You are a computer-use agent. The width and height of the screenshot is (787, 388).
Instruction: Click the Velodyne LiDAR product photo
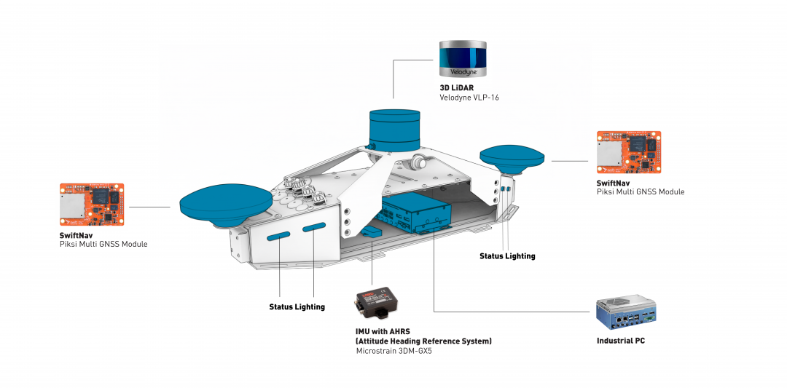pyautogui.click(x=462, y=59)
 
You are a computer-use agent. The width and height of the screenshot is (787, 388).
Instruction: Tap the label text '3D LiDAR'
pyautogui.click(x=457, y=87)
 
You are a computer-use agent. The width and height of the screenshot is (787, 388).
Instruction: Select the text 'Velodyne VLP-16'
pyautogui.click(x=469, y=98)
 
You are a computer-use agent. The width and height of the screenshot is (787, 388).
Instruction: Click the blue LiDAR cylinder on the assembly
pyautogui.click(x=394, y=129)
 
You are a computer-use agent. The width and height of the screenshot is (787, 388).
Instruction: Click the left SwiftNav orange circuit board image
pyautogui.click(x=92, y=205)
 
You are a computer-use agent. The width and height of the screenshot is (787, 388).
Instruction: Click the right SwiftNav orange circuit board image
pyautogui.click(x=628, y=153)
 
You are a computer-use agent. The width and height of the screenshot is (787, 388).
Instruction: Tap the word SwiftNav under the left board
pyautogui.click(x=77, y=235)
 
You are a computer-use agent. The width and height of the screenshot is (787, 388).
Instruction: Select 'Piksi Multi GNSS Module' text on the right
pyautogui.click(x=640, y=192)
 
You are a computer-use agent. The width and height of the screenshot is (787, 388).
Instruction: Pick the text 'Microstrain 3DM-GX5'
pyautogui.click(x=393, y=351)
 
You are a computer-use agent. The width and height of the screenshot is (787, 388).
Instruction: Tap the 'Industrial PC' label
pyautogui.click(x=620, y=341)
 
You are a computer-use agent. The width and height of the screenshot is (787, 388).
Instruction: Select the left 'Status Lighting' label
pyautogui.click(x=297, y=307)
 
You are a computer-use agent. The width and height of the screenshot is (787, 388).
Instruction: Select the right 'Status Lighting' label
pyautogui.click(x=507, y=256)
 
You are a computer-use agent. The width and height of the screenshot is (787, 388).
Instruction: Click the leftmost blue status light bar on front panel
pyautogui.click(x=279, y=235)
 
